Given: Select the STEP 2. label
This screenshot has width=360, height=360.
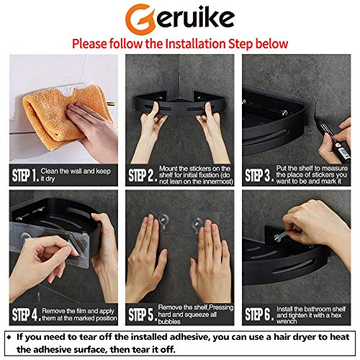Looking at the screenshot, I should tap(143, 174).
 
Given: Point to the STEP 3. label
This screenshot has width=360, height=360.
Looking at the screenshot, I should tap(260, 174).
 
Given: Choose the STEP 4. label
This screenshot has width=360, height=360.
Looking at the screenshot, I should tap(27, 314).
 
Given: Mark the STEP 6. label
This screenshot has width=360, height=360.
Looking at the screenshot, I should tap(260, 314).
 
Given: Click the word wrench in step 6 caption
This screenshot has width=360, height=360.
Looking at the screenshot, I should tap(284, 321).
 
